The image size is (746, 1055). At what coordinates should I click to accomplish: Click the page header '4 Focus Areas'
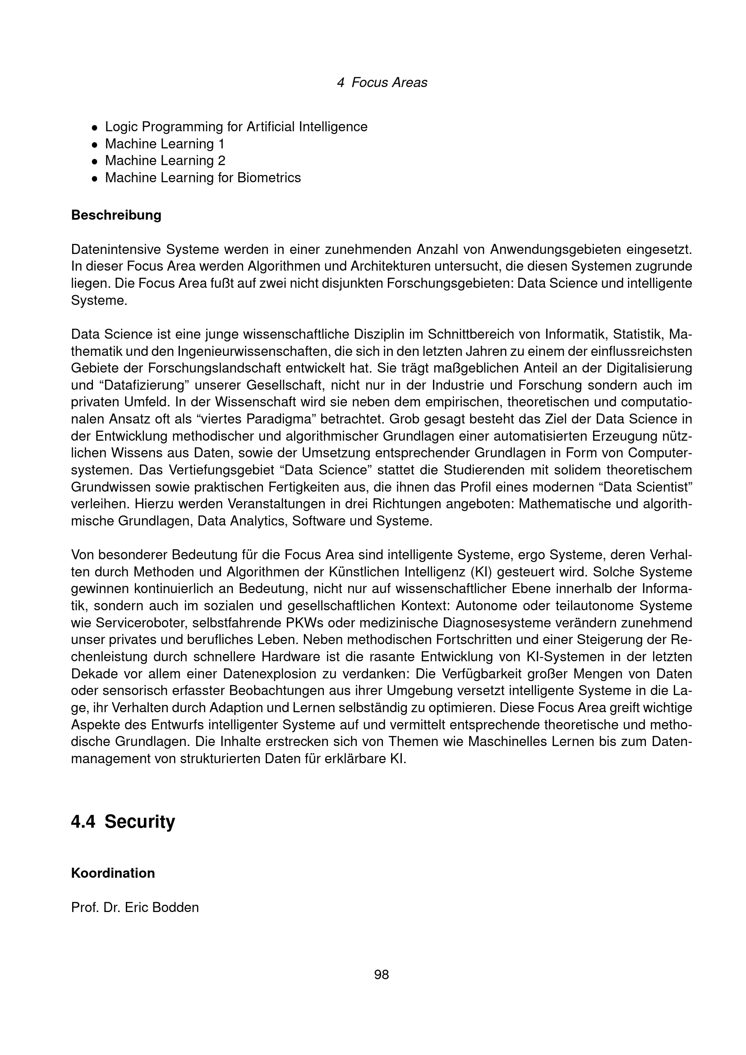pos(382,83)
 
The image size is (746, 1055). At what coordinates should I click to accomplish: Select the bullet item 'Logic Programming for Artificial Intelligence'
pos(236,127)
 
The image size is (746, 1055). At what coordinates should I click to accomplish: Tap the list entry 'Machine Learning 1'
pos(165,144)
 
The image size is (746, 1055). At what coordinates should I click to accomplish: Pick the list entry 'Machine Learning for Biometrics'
pos(203,177)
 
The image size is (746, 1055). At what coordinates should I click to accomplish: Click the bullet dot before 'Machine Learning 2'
pos(94,161)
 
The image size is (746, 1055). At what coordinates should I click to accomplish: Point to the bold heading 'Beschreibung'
pos(116,215)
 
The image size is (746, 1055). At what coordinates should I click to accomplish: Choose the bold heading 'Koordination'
pos(113,873)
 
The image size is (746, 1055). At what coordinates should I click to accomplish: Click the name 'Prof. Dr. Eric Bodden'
pos(135,908)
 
